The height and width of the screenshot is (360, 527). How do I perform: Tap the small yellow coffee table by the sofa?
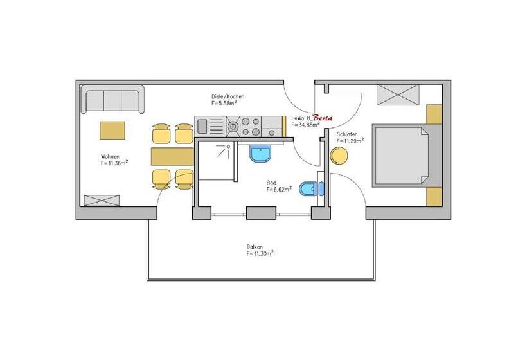point(112,130)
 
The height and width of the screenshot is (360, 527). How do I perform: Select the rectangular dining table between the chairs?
point(172,156)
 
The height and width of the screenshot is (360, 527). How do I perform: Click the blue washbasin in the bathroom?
point(260,153)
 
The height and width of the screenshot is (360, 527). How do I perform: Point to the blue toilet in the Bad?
point(311,188)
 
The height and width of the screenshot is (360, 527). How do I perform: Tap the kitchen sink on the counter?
point(210,126)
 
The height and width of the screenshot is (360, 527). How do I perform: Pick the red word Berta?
point(323,118)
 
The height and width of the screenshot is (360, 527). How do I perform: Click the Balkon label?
point(255,247)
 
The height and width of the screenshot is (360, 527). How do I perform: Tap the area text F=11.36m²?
point(114,163)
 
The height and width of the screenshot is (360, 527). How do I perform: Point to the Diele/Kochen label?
point(228,96)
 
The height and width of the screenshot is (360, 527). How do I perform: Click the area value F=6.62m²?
point(279,189)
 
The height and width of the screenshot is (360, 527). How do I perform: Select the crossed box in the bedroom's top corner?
point(398,94)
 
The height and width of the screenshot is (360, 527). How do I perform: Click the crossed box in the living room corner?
point(102,201)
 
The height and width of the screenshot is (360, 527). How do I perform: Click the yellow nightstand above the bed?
point(434,114)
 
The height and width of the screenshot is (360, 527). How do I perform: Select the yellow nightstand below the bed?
point(434,197)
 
